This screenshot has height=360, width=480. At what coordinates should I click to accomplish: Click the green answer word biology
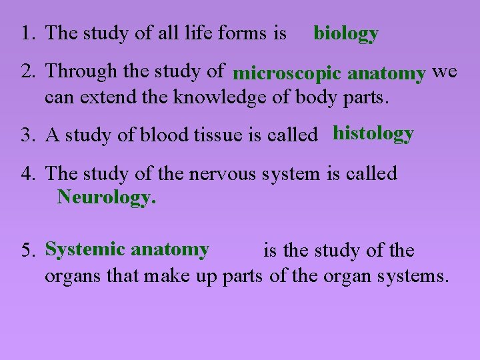[x=346, y=33]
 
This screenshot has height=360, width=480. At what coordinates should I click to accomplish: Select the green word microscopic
[x=289, y=73]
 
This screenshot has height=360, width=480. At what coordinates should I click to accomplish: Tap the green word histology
[x=373, y=134]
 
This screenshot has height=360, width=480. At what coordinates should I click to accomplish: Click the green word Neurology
[x=107, y=197]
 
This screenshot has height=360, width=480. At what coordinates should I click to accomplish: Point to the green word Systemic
[x=85, y=249]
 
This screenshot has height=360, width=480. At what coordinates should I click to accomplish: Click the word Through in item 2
[x=79, y=71]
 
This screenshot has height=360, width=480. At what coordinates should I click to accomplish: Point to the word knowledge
[x=213, y=97]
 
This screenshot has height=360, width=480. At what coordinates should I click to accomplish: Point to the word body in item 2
[x=313, y=98]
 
